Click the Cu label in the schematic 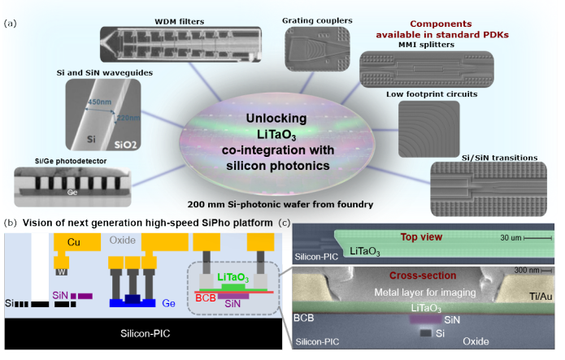coord(72,241)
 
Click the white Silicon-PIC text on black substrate coord(147,333)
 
